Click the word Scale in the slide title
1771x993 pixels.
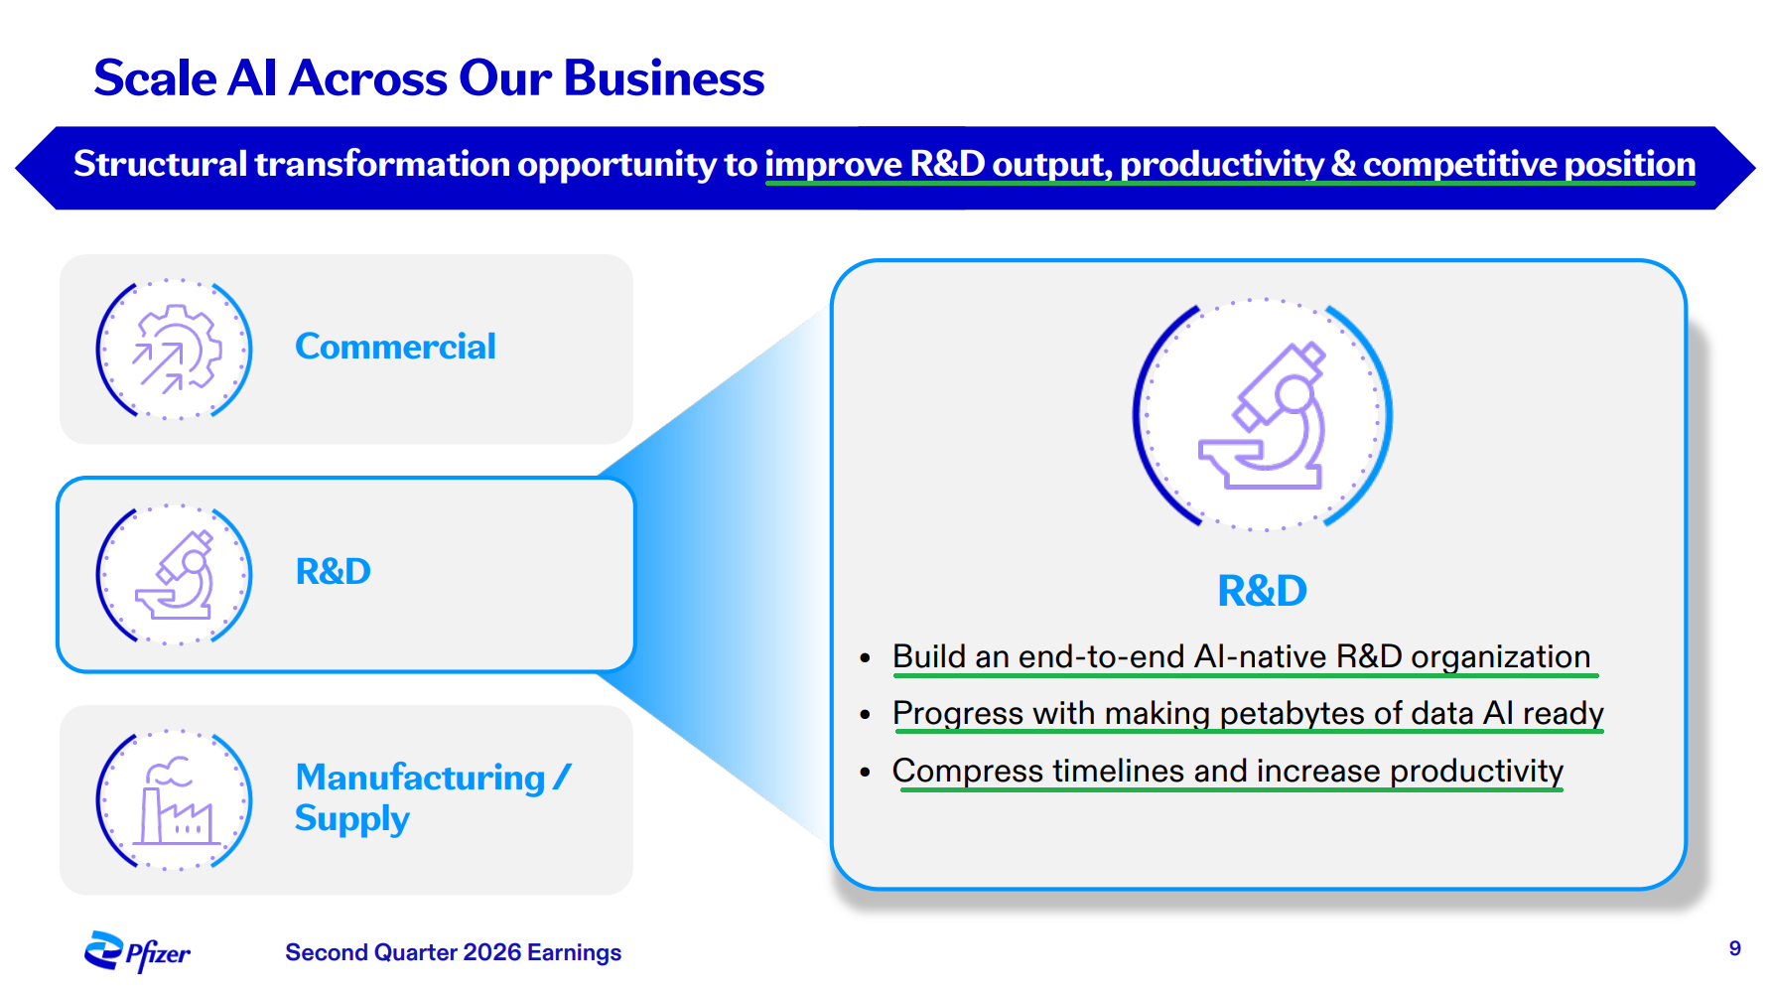pyautogui.click(x=155, y=78)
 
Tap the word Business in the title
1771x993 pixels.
pyautogui.click(x=664, y=78)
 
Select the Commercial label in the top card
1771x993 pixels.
pyautogui.click(x=395, y=347)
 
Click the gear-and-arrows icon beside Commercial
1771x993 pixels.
pyautogui.click(x=177, y=349)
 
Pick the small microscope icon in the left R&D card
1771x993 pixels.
pyautogui.click(x=176, y=575)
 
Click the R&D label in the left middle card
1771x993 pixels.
pyautogui.click(x=334, y=572)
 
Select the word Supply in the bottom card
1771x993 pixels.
pyautogui.click(x=352, y=819)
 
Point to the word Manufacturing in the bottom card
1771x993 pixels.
pyautogui.click(x=421, y=778)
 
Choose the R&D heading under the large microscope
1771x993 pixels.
pyautogui.click(x=1263, y=591)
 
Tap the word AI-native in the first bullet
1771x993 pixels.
pyautogui.click(x=1261, y=657)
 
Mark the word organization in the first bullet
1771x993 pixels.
pyautogui.click(x=1501, y=657)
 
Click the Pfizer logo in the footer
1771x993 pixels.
pyautogui.click(x=137, y=952)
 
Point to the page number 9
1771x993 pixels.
pyautogui.click(x=1735, y=948)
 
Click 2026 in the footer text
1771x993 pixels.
pyautogui.click(x=492, y=952)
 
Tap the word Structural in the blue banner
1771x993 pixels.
pyautogui.click(x=161, y=164)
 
